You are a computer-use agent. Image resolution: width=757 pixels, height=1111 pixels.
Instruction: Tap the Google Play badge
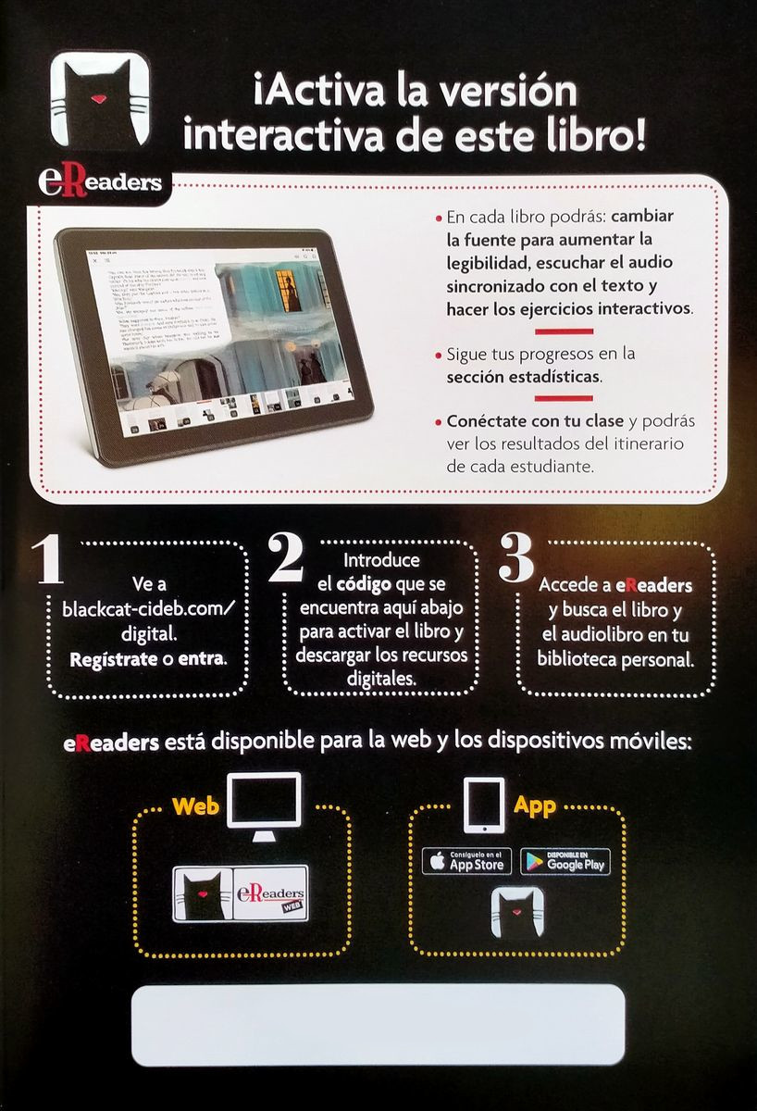click(x=565, y=861)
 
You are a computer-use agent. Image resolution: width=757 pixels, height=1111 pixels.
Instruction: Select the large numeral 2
click(x=287, y=557)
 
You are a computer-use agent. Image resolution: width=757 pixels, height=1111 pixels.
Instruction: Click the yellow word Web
click(x=195, y=805)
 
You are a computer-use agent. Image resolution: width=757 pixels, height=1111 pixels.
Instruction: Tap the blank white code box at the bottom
click(x=378, y=1025)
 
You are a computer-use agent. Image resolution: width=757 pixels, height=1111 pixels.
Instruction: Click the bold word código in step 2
click(x=363, y=585)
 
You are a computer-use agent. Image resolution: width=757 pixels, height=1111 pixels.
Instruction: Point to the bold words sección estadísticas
click(x=523, y=378)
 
